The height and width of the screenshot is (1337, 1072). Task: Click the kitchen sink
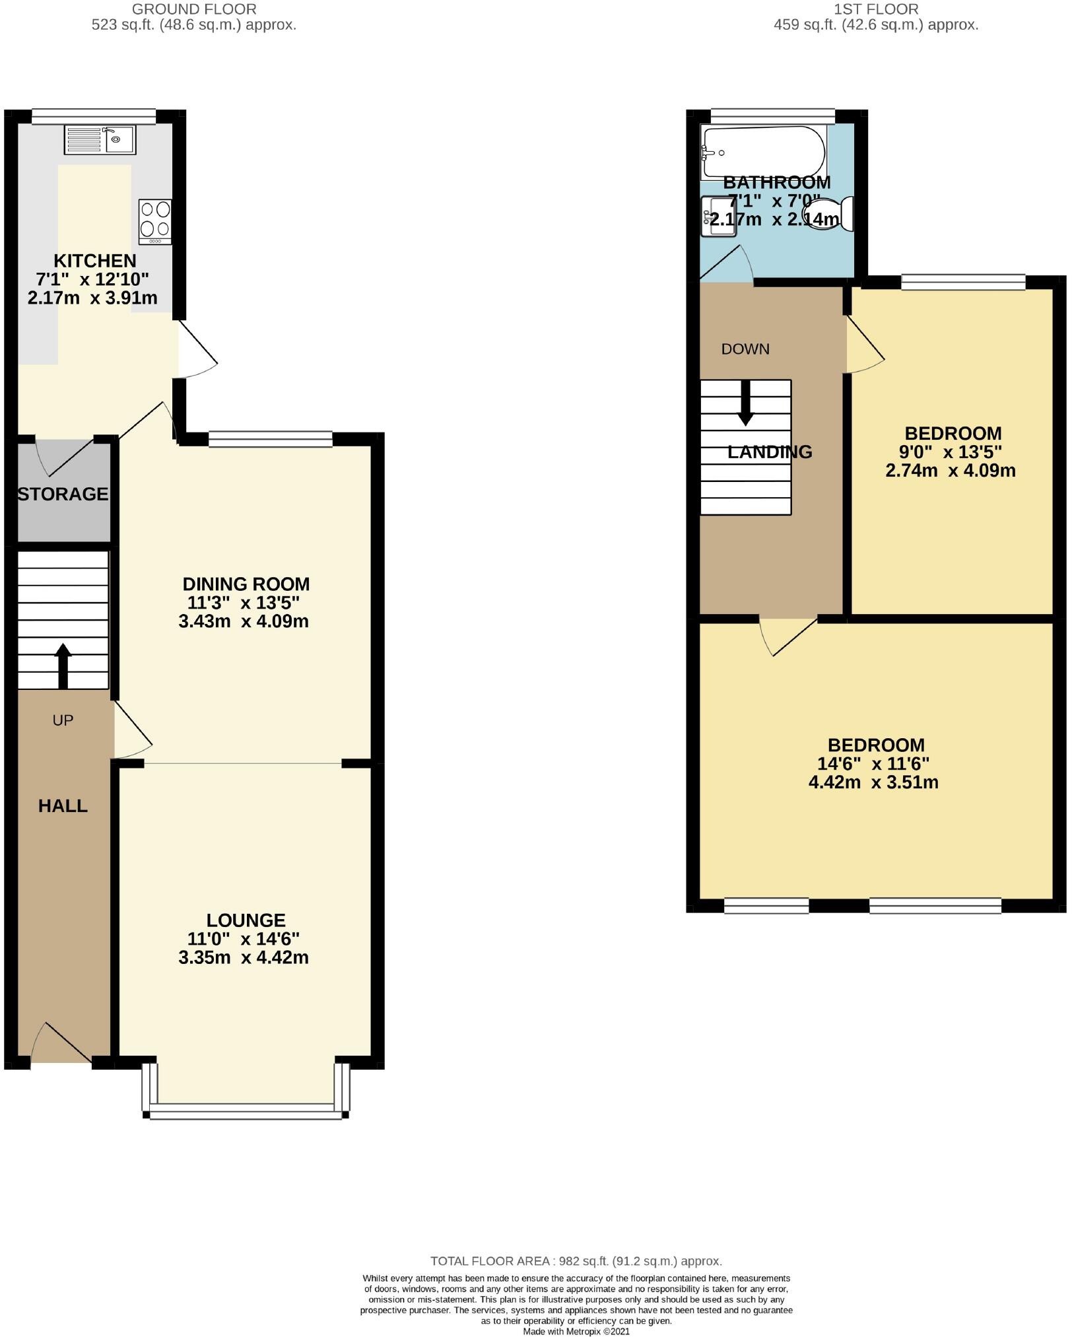coord(100,139)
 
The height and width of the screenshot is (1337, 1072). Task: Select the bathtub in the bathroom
coord(763,151)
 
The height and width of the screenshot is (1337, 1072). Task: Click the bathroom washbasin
coord(718,216)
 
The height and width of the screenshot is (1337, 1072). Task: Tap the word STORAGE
coord(63,494)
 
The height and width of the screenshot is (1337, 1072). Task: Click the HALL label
coord(63,806)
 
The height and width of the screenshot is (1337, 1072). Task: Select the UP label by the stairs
coord(63,720)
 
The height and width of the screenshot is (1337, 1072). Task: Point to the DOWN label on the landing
coord(745,349)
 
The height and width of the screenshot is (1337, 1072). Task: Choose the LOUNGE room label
coord(246,920)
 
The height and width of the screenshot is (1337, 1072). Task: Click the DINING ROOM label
coord(246,584)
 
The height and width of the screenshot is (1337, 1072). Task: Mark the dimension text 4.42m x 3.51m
coord(873,782)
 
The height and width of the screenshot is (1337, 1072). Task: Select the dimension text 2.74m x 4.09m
coord(950,471)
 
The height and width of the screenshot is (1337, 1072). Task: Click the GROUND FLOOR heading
coord(194,9)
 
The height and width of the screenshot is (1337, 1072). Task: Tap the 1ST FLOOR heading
coord(876,9)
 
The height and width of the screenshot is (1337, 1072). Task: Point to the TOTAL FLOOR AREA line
coord(576,1261)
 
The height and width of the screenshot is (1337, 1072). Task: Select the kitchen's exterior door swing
coord(197,350)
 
